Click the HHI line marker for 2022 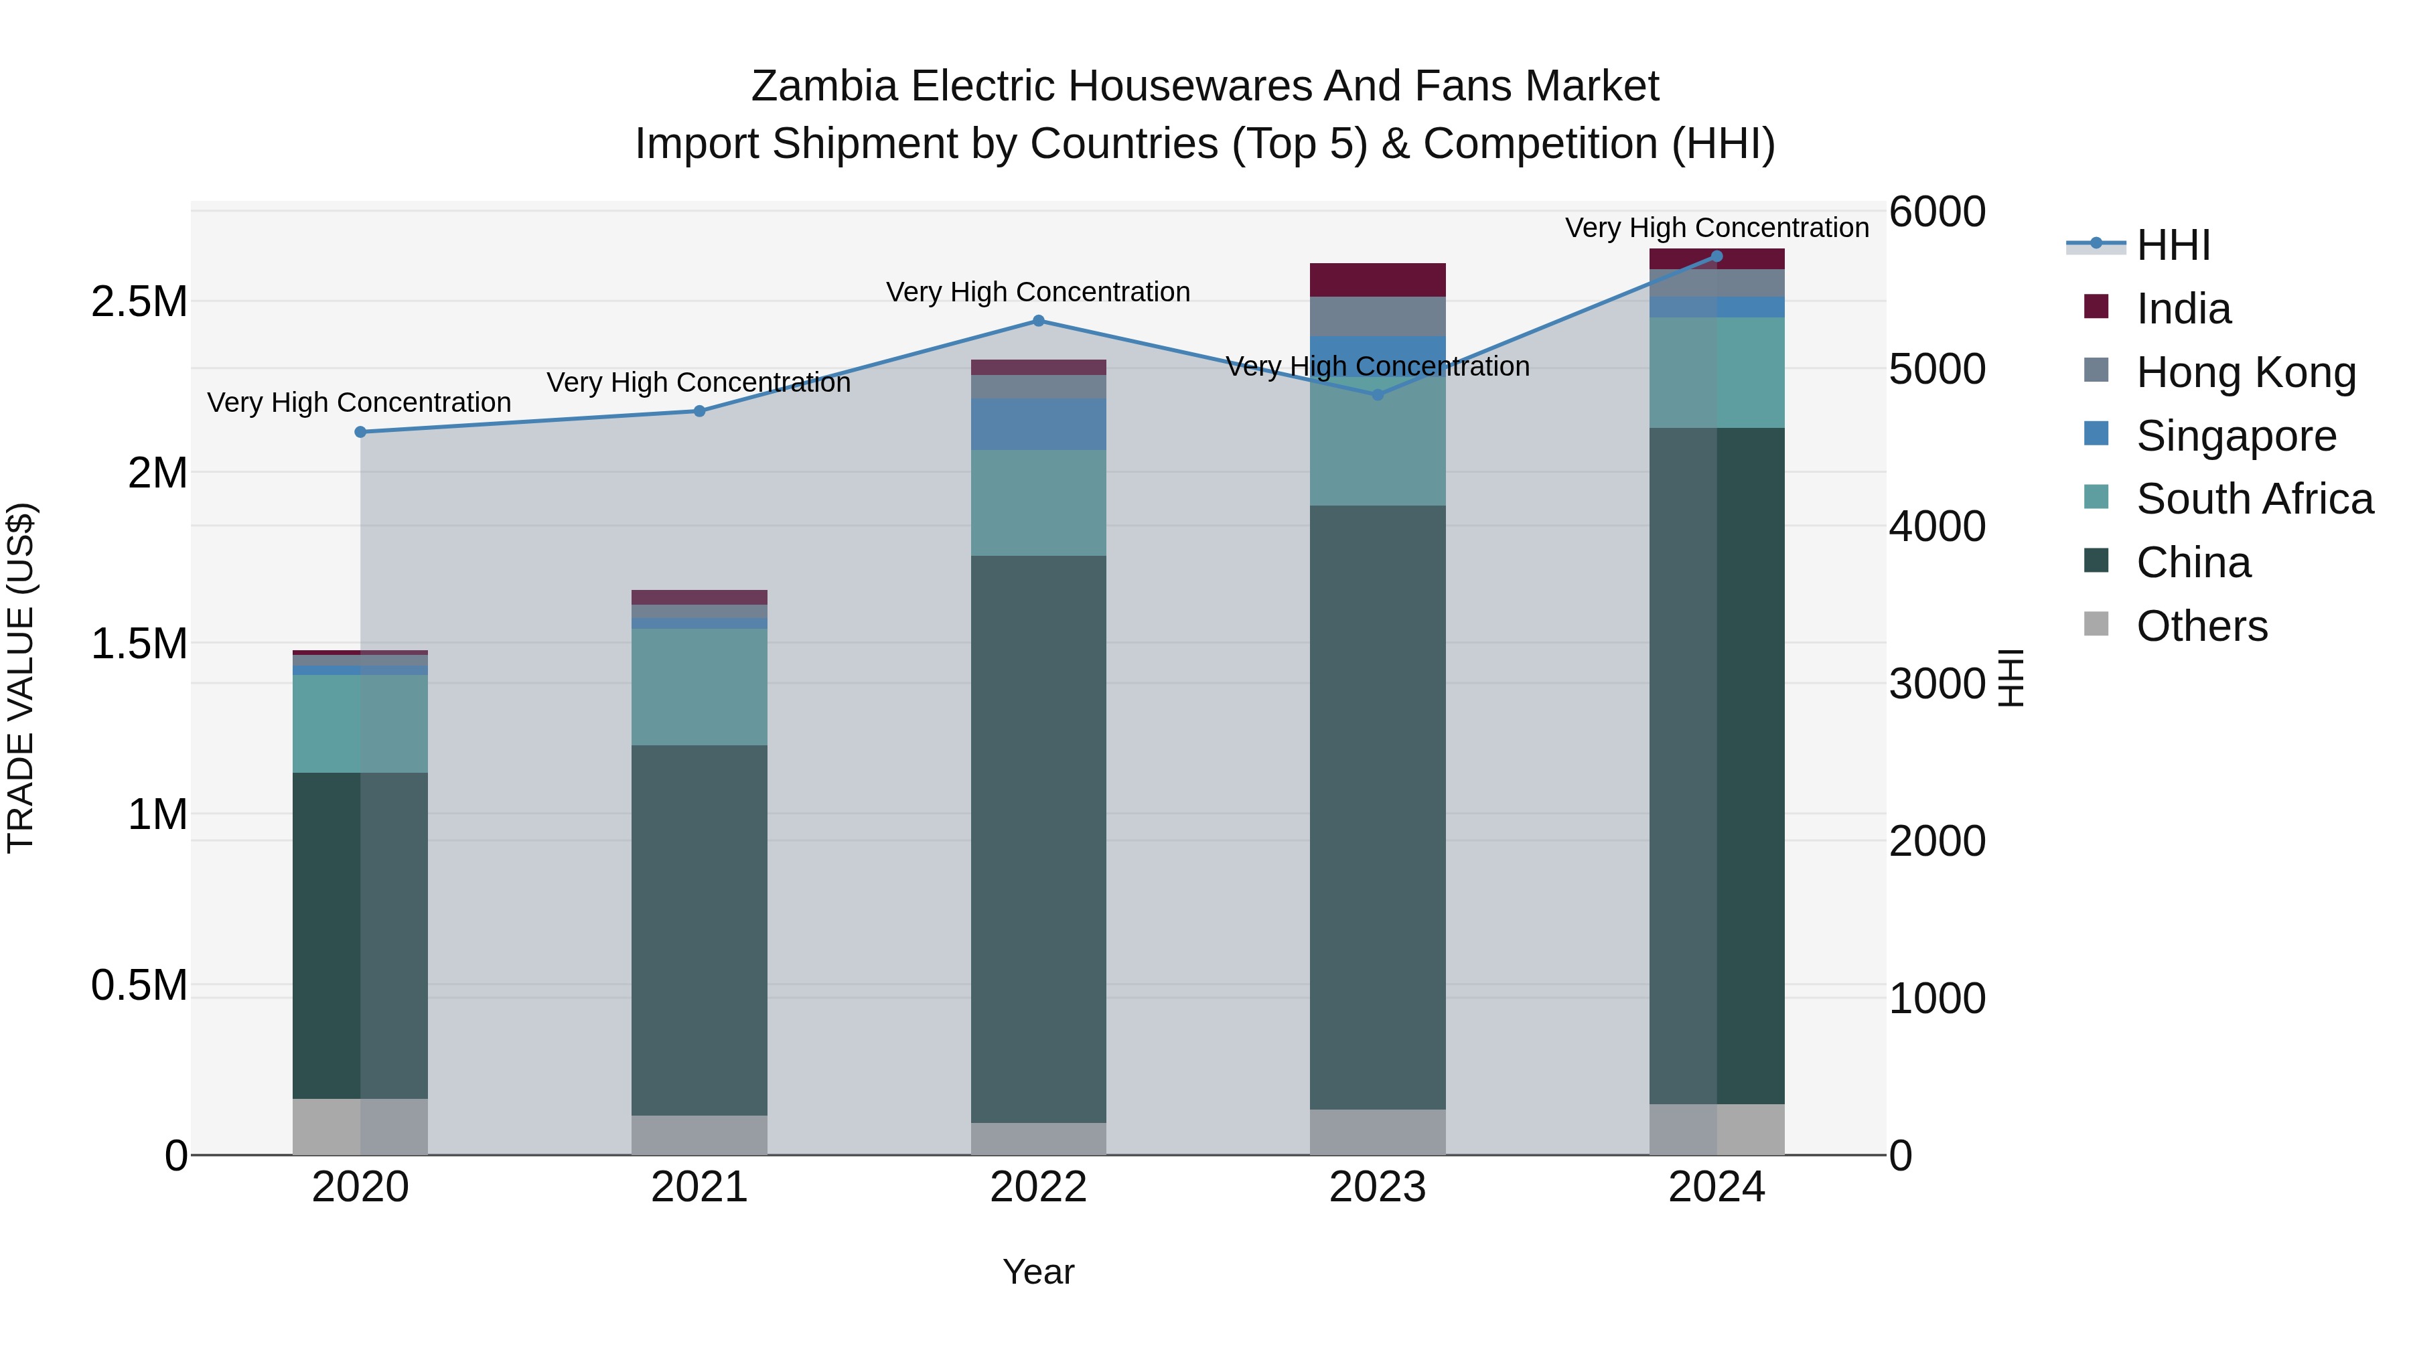click(x=1038, y=321)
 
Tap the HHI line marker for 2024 click(x=1716, y=256)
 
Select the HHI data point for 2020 click(x=360, y=433)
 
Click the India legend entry click(x=2183, y=309)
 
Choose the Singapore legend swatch click(x=2096, y=434)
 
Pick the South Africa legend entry click(x=2254, y=499)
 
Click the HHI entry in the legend click(x=2173, y=245)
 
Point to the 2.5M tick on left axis click(x=139, y=302)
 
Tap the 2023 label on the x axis click(x=1377, y=1187)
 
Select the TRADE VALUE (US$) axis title click(x=21, y=678)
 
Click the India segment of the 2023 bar click(x=1377, y=280)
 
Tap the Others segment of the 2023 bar click(x=1377, y=1132)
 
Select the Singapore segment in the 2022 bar click(x=1038, y=424)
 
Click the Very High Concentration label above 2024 click(x=1716, y=228)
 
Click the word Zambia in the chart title click(x=824, y=86)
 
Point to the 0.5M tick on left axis click(x=139, y=986)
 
